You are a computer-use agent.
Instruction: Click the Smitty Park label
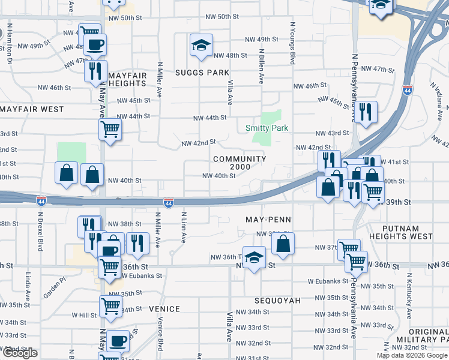coord(267,128)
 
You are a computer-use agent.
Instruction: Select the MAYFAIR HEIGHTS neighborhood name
coord(128,79)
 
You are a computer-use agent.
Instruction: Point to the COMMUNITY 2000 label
coord(240,163)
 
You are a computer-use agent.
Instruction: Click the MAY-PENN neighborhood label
coord(268,220)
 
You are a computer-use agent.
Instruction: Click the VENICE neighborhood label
coord(164,309)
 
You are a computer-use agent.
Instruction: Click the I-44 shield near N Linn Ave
coord(169,203)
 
